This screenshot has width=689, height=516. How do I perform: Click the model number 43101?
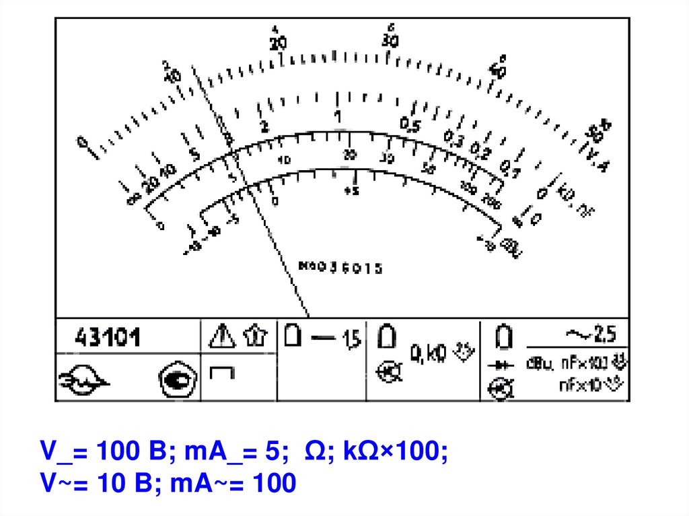tap(108, 336)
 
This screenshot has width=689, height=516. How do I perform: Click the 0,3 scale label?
tap(454, 139)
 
